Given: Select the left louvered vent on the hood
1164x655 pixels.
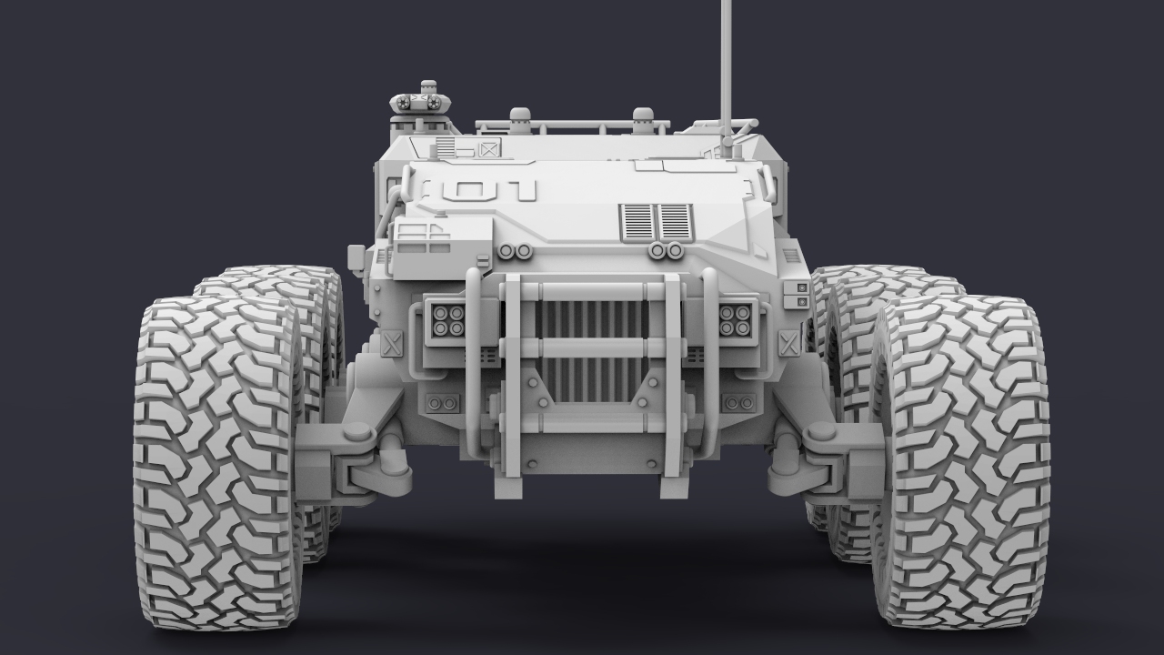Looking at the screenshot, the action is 637,221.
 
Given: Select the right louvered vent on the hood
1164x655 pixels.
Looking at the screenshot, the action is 675,221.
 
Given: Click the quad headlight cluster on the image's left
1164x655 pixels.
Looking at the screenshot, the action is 449,319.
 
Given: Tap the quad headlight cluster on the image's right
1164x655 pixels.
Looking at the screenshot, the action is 735,319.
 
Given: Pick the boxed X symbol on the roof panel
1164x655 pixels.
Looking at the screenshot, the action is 488,149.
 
